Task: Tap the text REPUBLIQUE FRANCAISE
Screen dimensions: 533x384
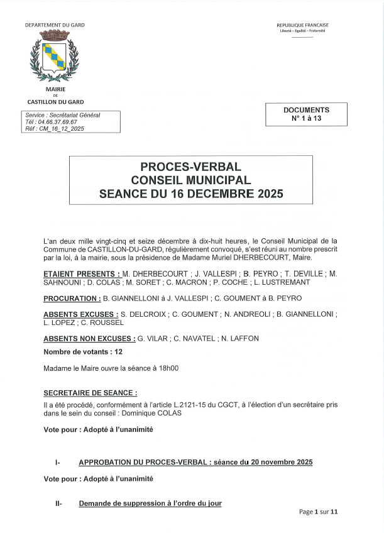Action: pyautogui.click(x=302, y=25)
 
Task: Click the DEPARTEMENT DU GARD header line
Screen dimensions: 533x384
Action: pyautogui.click(x=55, y=25)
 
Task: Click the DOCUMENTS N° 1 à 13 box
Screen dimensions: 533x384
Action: pyautogui.click(x=306, y=114)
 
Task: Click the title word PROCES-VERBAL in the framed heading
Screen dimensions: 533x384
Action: pyautogui.click(x=190, y=167)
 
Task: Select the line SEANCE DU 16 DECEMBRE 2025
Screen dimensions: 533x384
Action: pyautogui.click(x=190, y=194)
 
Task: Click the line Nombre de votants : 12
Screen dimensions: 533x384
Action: pyautogui.click(x=78, y=353)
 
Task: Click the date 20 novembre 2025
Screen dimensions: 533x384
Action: pyautogui.click(x=282, y=463)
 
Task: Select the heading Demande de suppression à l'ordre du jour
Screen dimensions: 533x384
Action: pyautogui.click(x=150, y=503)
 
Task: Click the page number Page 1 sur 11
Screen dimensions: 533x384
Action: pyautogui.click(x=318, y=512)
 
